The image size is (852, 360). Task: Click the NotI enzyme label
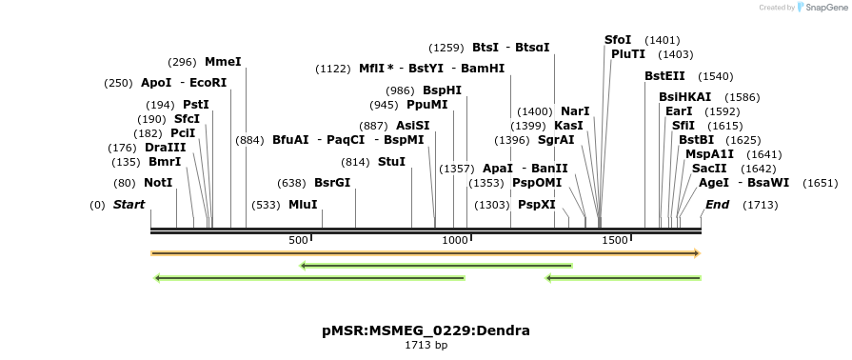point(158,182)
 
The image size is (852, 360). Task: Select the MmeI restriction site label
point(223,62)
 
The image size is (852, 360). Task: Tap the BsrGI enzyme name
point(332,183)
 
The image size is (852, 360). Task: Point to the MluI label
point(303,205)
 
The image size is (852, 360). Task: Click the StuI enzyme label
point(391,162)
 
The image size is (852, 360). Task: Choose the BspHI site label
point(442,90)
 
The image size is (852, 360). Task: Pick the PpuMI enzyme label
point(426,105)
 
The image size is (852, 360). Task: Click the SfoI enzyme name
point(618,40)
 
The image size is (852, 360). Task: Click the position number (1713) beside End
point(761,205)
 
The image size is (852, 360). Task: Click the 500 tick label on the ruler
point(298,240)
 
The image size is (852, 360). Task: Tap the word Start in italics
point(130,205)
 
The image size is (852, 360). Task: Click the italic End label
point(717,205)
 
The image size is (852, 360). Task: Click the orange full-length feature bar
point(426,253)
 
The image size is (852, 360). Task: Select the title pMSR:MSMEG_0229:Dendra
point(426,330)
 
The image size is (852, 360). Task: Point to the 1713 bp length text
point(426,345)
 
